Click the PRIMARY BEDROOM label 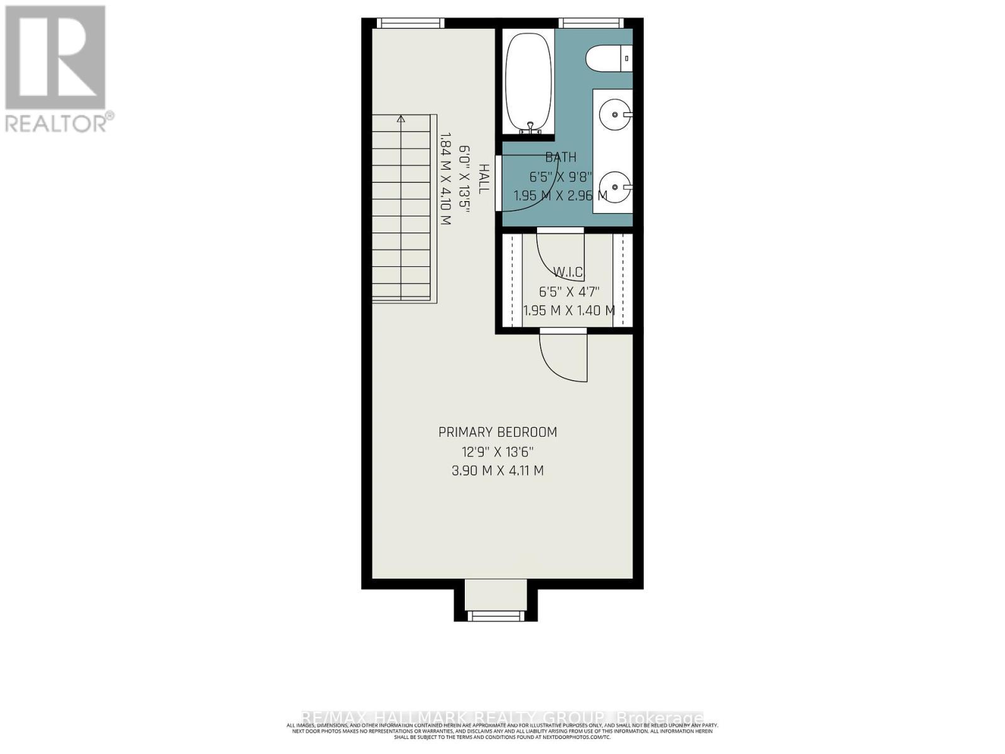pyautogui.click(x=497, y=432)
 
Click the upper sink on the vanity pyautogui.click(x=612, y=115)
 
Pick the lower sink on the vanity pyautogui.click(x=612, y=186)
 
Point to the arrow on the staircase pyautogui.click(x=401, y=119)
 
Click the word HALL pyautogui.click(x=484, y=178)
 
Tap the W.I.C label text pyautogui.click(x=568, y=273)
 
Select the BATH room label pyautogui.click(x=560, y=157)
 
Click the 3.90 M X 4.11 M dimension pyautogui.click(x=497, y=471)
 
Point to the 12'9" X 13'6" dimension pyautogui.click(x=497, y=452)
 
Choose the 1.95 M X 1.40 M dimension pyautogui.click(x=569, y=310)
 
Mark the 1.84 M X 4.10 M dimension pyautogui.click(x=446, y=178)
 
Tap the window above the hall pyautogui.click(x=410, y=23)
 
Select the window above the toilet pyautogui.click(x=592, y=23)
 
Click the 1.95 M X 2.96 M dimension pyautogui.click(x=560, y=195)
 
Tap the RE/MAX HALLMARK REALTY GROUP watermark pyautogui.click(x=503, y=718)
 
